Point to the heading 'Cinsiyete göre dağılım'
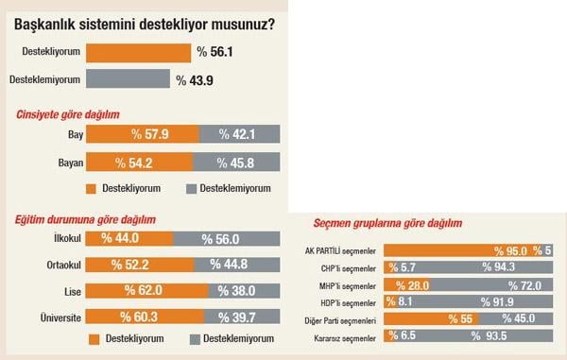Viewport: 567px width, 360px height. pos(68,114)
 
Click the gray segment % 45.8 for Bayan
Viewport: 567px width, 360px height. pos(236,163)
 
